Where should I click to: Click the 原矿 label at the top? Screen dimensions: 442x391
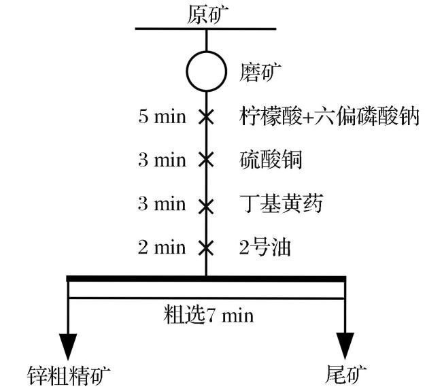coord(207,15)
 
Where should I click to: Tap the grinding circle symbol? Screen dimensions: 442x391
coord(206,52)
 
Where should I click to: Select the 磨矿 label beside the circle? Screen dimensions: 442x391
coord(260,72)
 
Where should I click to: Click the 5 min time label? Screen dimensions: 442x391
coord(162,116)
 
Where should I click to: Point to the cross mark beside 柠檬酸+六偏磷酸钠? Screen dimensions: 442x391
coord(206,117)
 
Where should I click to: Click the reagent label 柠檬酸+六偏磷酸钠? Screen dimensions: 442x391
coord(329,116)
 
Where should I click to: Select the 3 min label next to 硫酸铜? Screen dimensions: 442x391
coord(162,160)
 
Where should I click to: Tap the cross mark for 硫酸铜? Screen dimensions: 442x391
coord(206,160)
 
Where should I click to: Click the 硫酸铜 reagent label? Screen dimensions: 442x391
coord(271,160)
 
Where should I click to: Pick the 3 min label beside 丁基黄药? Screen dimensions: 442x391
coord(162,203)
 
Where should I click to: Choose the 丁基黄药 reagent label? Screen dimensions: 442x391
coord(282,203)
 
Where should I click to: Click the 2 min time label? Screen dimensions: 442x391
coord(162,248)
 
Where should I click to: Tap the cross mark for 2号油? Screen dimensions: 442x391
coord(206,248)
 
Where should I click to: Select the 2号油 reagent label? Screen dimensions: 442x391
coord(265,248)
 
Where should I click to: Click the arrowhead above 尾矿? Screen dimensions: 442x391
coord(345,346)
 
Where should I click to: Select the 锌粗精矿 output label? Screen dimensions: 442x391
coord(69,375)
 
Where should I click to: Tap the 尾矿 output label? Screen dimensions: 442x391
coord(345,375)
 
